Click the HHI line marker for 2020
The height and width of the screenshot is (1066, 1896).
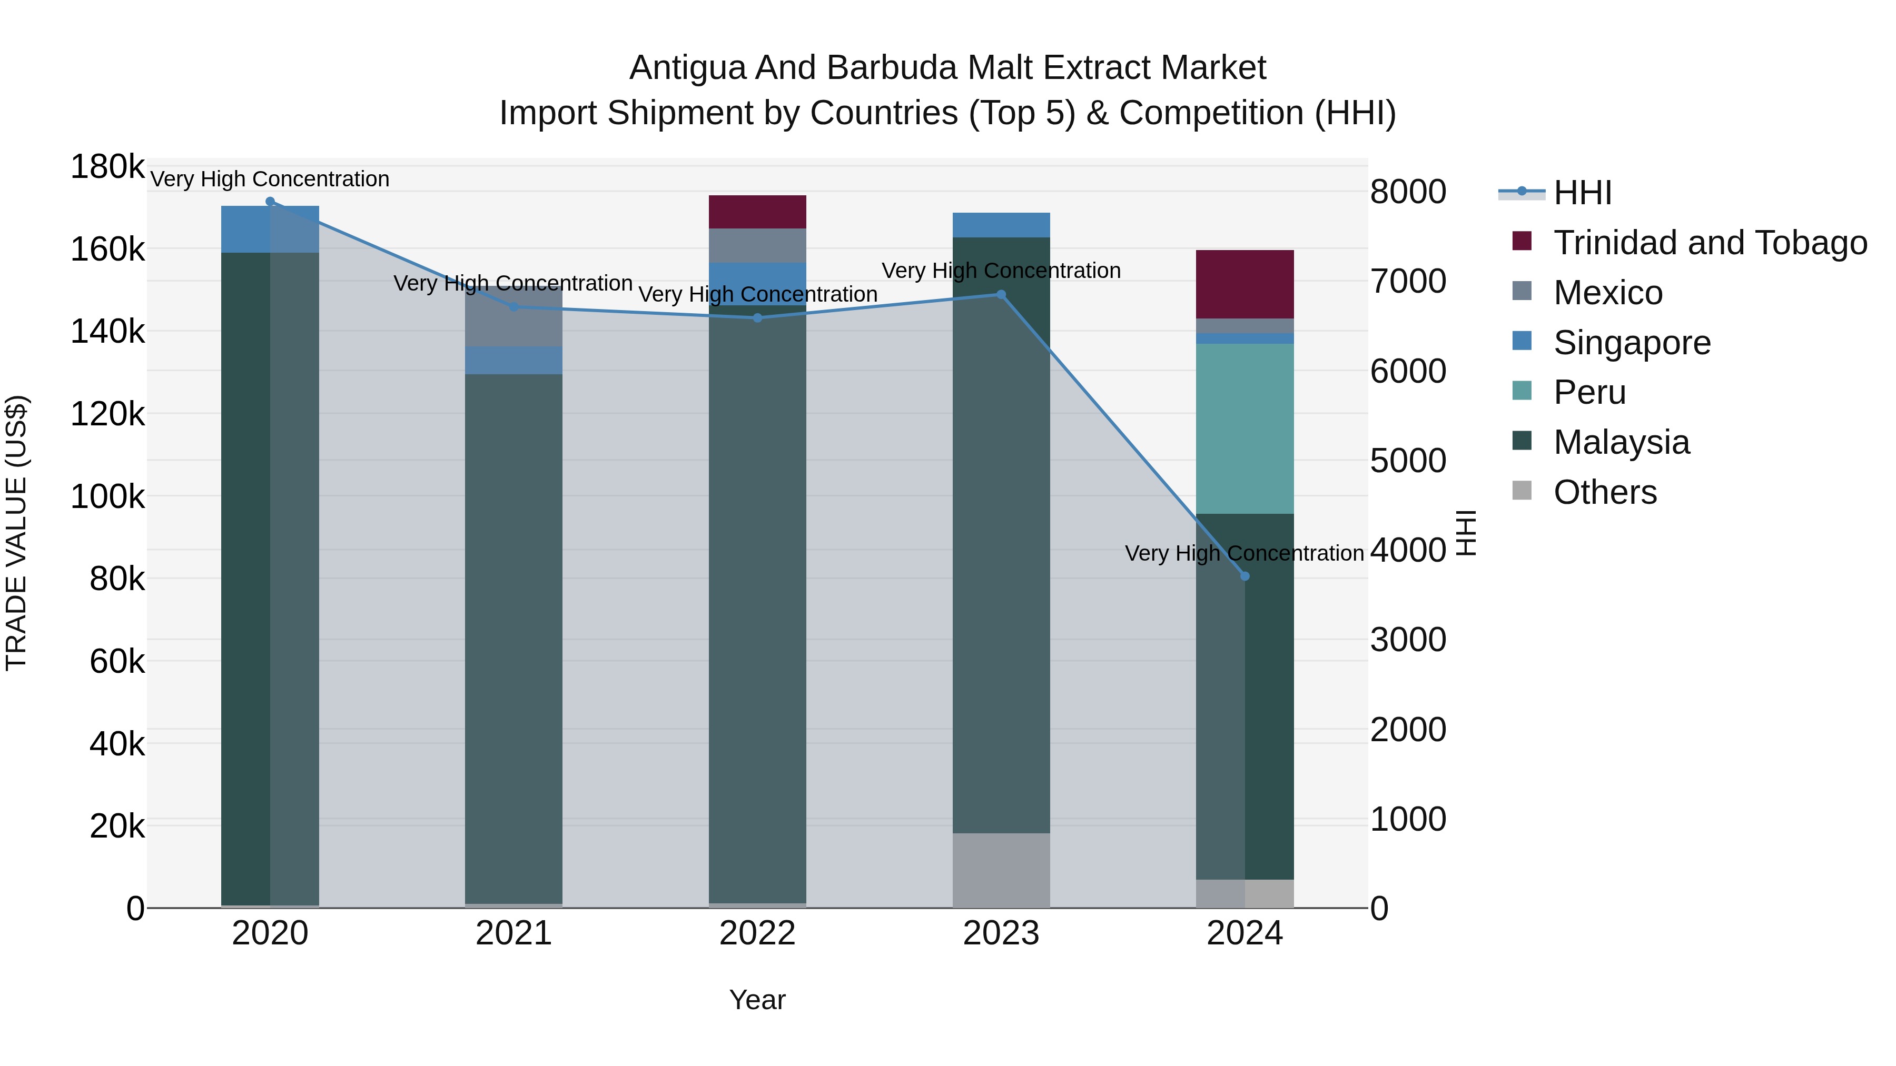coord(270,202)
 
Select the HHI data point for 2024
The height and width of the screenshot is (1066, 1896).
coord(1245,576)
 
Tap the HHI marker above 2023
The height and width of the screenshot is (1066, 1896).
coord(1001,294)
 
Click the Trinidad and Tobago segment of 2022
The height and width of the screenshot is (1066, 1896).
coord(757,212)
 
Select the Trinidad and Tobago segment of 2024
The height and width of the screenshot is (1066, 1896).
coord(1245,284)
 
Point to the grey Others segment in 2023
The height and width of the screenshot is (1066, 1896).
coord(1001,870)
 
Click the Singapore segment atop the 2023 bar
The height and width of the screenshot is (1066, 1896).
coord(1001,224)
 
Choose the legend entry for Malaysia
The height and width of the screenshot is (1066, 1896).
coord(1622,442)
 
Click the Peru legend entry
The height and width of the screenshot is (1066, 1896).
coord(1590,392)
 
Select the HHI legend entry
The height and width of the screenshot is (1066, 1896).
coord(1583,193)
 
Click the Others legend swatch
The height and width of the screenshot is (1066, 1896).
coord(1522,491)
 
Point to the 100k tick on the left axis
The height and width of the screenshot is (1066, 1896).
coord(107,496)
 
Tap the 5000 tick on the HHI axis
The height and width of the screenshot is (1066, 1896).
coord(1408,461)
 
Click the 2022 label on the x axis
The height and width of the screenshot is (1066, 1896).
coord(757,933)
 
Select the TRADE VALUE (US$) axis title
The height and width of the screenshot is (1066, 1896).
coord(16,533)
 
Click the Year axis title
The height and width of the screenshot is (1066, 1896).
coord(757,1000)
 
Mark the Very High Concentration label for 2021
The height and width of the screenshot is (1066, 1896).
coord(513,283)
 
